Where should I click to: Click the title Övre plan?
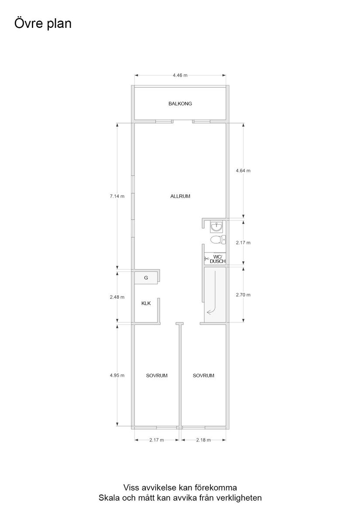43,24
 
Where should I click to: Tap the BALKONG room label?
180,104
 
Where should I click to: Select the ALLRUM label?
180,196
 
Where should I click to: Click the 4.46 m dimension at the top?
180,75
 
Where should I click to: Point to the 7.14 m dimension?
117,196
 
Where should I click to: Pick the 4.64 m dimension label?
243,171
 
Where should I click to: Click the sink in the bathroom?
216,227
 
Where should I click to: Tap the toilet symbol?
217,239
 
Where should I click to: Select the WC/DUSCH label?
217,259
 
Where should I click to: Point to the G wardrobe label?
146,277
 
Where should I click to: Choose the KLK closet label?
146,304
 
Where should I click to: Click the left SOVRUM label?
157,375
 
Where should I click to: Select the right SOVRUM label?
203,375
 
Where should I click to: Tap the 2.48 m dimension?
117,297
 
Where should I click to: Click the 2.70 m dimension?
243,295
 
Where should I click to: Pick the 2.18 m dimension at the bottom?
203,440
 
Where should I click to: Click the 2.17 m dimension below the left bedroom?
156,440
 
